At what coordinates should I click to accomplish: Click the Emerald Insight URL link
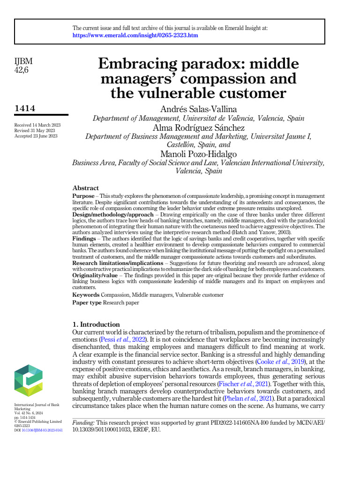(x=135, y=36)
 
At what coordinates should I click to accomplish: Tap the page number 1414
(x=25, y=109)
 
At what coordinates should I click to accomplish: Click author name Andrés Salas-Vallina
(x=198, y=109)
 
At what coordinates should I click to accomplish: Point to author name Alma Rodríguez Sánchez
(x=198, y=127)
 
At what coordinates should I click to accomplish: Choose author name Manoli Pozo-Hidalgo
(x=198, y=154)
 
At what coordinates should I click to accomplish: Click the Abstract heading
(x=85, y=187)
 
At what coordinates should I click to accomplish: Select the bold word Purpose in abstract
(x=83, y=195)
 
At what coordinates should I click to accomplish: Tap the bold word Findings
(x=84, y=239)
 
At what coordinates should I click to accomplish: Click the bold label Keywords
(x=85, y=295)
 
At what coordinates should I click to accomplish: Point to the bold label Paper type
(x=87, y=303)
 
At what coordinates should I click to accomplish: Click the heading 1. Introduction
(x=96, y=324)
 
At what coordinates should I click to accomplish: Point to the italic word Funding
(x=83, y=423)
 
